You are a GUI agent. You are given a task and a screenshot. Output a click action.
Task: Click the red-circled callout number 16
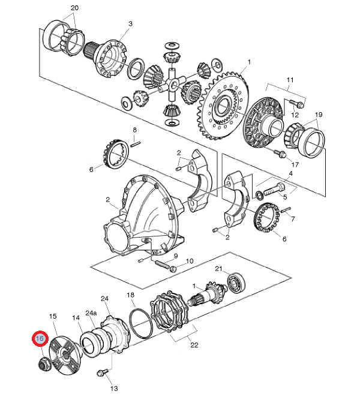(x=40, y=338)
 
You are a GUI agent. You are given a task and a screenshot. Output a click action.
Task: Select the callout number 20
(x=74, y=8)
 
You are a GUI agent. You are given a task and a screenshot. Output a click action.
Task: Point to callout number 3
(x=131, y=23)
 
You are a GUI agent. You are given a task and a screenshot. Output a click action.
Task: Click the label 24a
(x=91, y=313)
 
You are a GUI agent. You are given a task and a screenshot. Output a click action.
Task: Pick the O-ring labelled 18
(x=141, y=323)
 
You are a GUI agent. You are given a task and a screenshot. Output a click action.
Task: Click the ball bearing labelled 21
(x=236, y=282)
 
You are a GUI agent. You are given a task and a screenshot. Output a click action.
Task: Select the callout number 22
(x=194, y=345)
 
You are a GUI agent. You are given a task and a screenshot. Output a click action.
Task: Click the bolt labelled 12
(x=296, y=104)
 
